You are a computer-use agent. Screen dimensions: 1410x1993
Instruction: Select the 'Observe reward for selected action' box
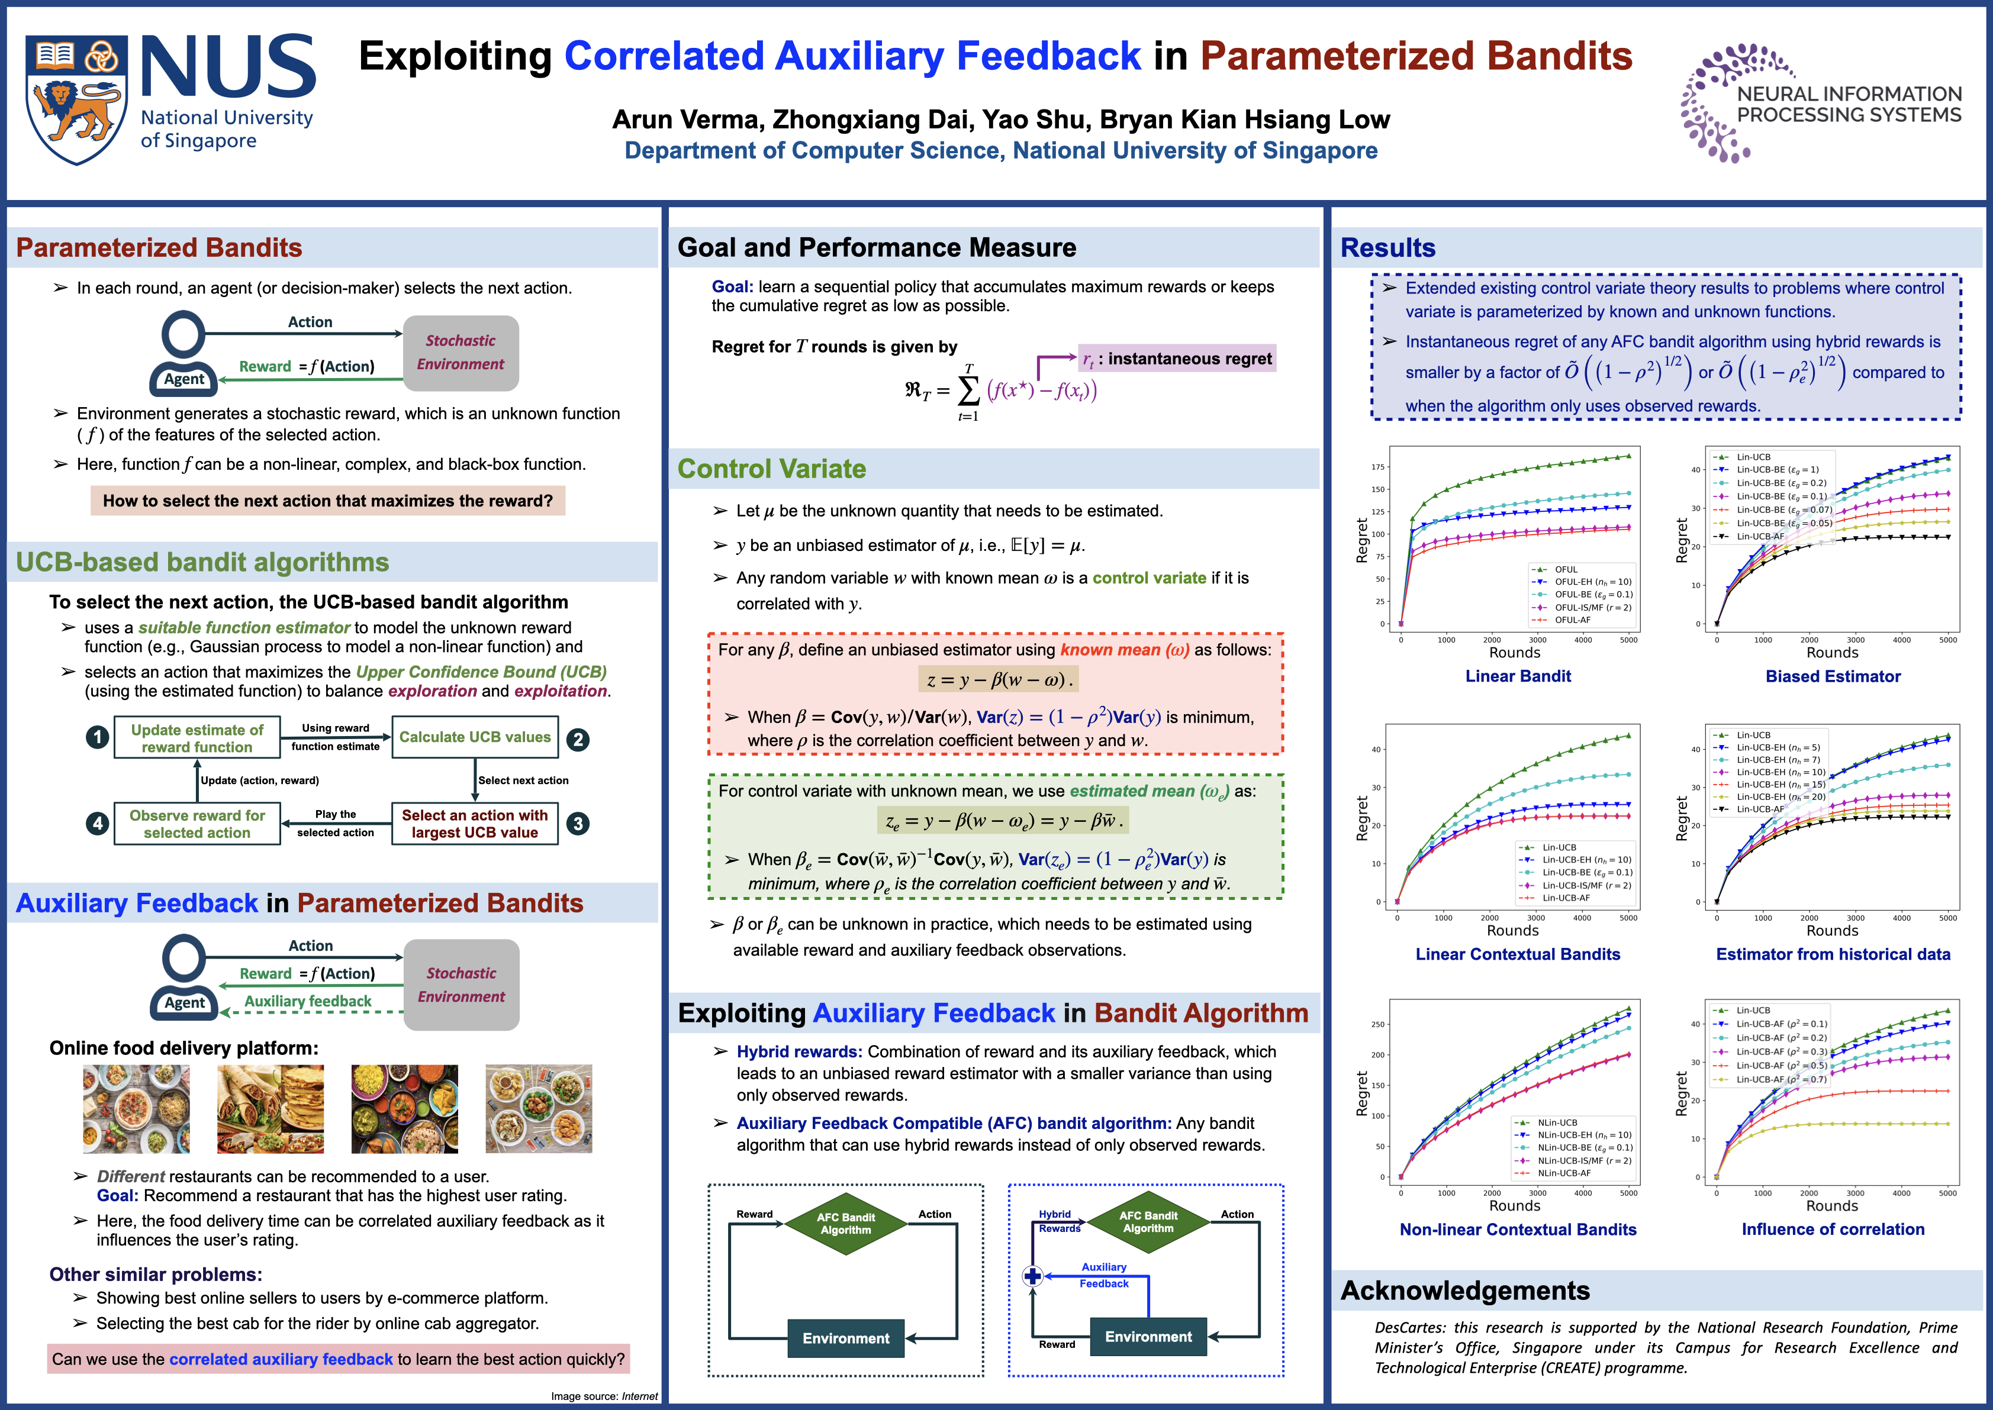(197, 824)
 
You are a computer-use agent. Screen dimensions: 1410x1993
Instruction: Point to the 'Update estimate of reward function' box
(197, 738)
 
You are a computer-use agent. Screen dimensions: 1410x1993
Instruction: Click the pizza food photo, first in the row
(136, 1109)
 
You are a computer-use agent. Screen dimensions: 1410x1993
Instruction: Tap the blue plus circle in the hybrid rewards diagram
(1032, 1276)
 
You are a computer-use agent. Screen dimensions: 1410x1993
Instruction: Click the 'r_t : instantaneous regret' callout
(1177, 359)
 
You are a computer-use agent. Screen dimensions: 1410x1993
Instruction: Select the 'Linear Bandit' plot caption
(1517, 676)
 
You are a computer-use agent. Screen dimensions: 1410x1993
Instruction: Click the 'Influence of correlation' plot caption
(1833, 1230)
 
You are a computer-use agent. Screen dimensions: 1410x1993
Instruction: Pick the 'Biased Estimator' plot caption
(1833, 676)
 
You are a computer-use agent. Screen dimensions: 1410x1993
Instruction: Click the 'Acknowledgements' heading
(1465, 1291)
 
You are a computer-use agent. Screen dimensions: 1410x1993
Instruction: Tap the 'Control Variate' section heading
(771, 469)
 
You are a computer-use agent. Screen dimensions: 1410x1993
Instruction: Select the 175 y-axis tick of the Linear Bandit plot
(1377, 467)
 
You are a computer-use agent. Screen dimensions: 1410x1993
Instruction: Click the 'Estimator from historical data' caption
(1833, 954)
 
